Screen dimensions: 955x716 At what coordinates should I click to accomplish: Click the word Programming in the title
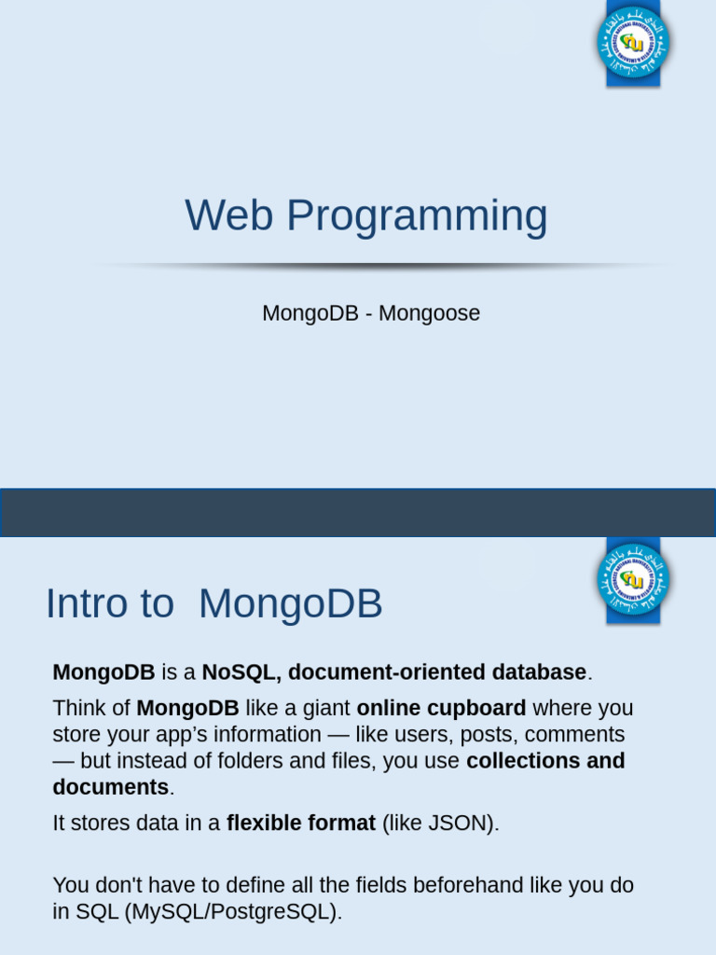coord(417,217)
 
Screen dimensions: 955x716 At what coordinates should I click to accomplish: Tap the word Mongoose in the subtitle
coord(429,313)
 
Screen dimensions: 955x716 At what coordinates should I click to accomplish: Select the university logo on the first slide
coord(633,43)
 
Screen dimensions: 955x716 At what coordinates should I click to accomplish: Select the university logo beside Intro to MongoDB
coord(633,579)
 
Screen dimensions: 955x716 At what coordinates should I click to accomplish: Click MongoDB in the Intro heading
coord(290,604)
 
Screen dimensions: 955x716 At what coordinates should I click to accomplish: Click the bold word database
coord(540,672)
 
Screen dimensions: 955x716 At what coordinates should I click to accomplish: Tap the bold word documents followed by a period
coord(110,787)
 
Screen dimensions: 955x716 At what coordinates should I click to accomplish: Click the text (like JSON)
coord(440,824)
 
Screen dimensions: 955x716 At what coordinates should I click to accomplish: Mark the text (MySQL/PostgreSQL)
coord(233,911)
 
